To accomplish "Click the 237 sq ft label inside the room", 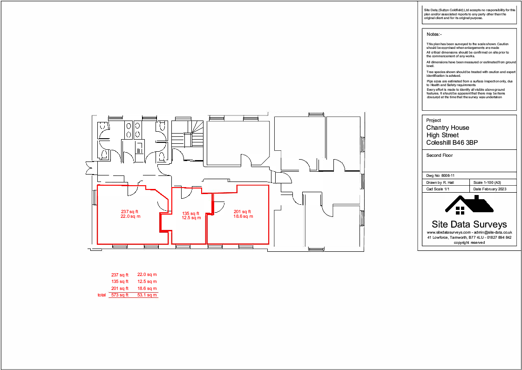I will point(130,212).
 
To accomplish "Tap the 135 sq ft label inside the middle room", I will point(191,213).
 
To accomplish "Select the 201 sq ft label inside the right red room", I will point(243,212).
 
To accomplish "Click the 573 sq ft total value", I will point(120,295).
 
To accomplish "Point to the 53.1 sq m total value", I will point(147,295).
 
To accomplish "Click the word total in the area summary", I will point(102,295).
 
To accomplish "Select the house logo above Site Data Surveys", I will point(469,205).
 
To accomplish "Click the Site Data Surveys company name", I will point(469,224).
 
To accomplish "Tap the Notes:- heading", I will point(434,34).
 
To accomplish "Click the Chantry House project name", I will point(447,128).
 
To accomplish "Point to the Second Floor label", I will point(439,155).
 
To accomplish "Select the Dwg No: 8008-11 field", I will point(440,175).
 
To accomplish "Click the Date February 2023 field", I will point(490,189).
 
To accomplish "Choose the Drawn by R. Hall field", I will point(440,182).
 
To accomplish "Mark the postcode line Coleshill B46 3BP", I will point(452,142).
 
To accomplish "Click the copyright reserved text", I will point(469,242).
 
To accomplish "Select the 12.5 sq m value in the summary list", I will point(147,282).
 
